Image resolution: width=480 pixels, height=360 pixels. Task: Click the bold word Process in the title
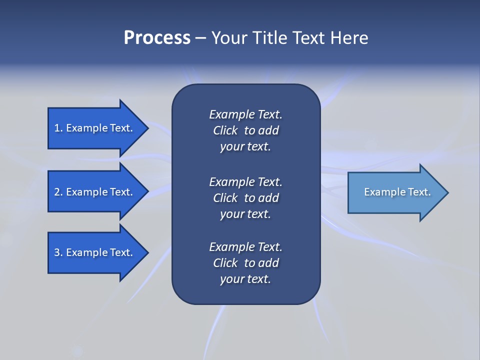point(157,38)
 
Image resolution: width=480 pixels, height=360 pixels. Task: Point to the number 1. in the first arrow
point(58,128)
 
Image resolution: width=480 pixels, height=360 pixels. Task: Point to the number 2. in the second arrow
point(58,192)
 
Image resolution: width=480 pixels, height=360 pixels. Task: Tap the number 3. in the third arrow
point(58,252)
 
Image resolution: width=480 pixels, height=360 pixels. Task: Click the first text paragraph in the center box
point(245,130)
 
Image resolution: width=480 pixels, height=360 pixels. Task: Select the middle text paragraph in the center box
point(245,198)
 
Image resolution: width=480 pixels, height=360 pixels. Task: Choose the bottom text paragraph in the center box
point(245,263)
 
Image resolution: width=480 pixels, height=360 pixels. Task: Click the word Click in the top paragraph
point(225,130)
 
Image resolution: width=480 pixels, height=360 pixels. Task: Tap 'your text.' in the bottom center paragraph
point(245,279)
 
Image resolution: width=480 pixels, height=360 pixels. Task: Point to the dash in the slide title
point(200,38)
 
